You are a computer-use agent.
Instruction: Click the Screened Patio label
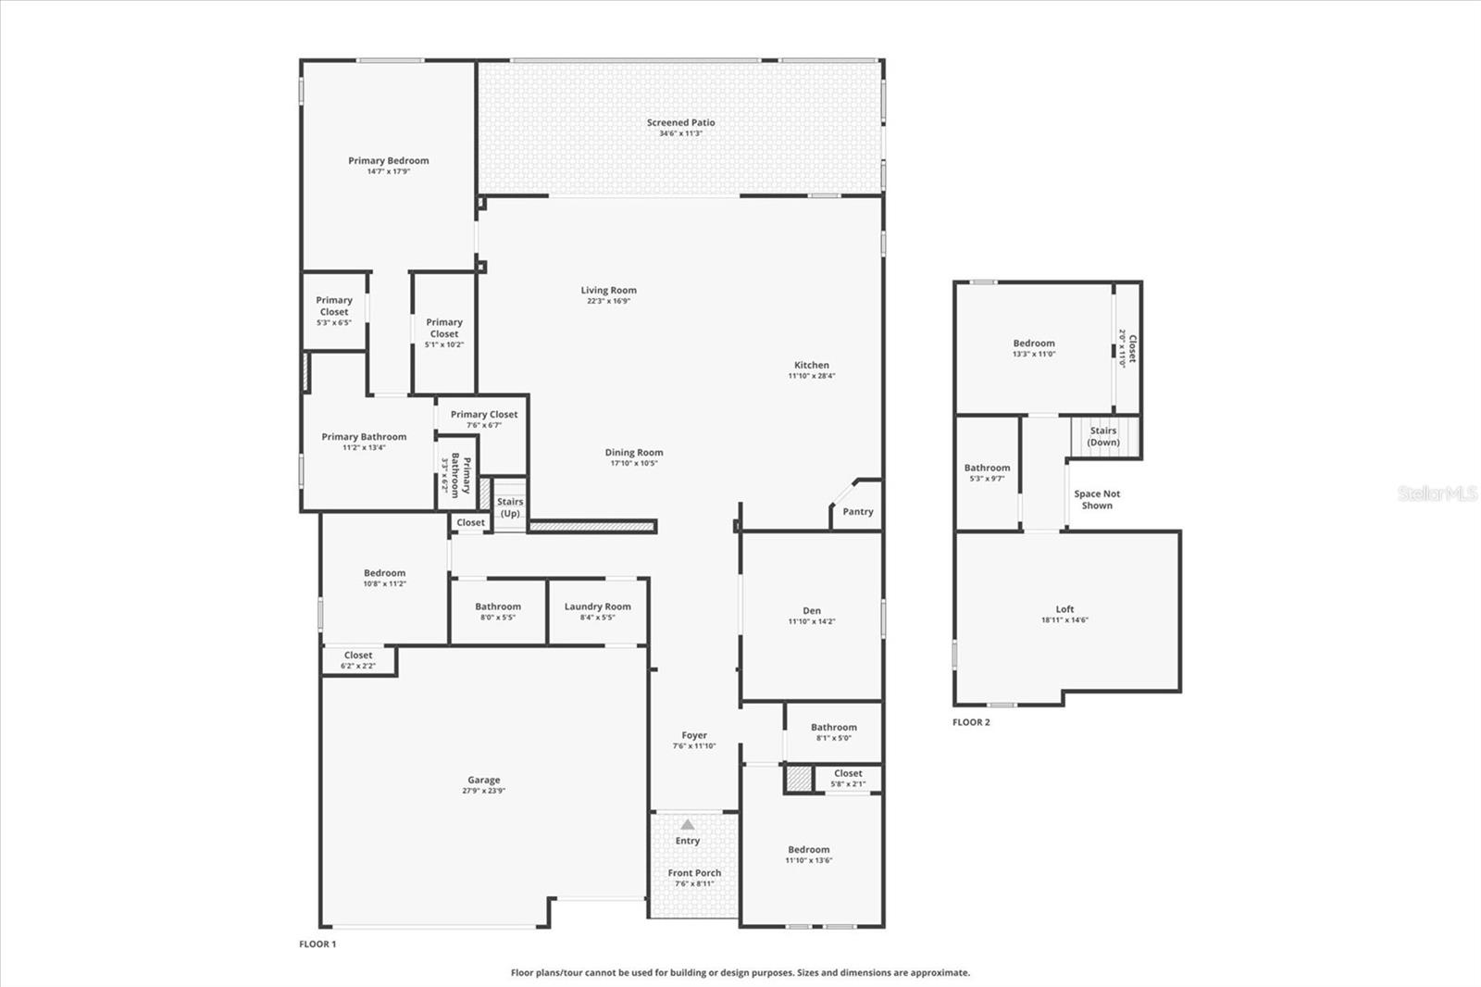pos(680,122)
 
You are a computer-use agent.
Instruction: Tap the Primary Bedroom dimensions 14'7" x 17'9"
pos(388,171)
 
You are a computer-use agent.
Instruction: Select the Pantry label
pos(857,512)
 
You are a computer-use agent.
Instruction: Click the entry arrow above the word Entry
pos(687,824)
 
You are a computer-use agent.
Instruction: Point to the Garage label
pos(483,781)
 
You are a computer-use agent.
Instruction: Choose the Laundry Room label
pos(597,606)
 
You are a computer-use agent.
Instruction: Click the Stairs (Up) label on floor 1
pos(510,507)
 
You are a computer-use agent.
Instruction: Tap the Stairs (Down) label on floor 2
pos(1102,436)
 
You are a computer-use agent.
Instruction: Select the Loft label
pos(1064,609)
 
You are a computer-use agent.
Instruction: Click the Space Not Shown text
pos(1097,500)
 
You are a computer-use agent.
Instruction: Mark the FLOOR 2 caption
pos(971,722)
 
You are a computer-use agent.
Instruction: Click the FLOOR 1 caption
pos(317,944)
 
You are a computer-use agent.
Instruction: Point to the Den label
pos(811,610)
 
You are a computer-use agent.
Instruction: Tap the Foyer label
pos(694,735)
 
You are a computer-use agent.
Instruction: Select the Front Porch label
pos(694,873)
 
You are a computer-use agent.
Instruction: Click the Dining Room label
pos(634,453)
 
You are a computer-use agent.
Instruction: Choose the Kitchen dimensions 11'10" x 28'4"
pos(811,376)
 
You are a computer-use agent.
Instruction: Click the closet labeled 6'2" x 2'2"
pos(358,659)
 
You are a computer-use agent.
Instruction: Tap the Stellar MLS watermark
pos(1437,493)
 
